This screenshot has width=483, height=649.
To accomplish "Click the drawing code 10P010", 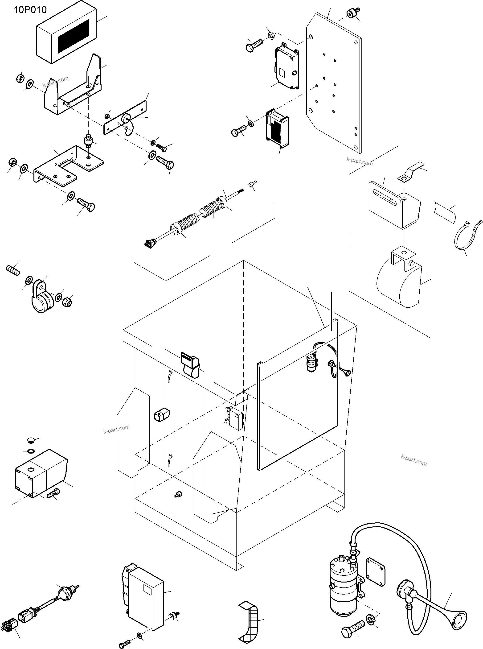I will pyautogui.click(x=30, y=10).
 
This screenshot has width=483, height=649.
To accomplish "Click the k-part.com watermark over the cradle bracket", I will pyautogui.click(x=56, y=82).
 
